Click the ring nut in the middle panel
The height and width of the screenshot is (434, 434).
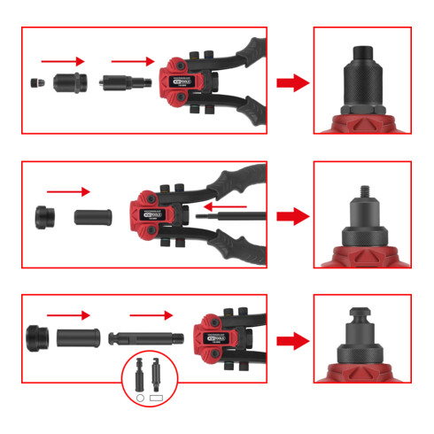pos(42,217)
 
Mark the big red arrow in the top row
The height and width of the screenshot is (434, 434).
pos(291,83)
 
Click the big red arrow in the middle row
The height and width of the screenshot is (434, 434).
pos(291,215)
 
